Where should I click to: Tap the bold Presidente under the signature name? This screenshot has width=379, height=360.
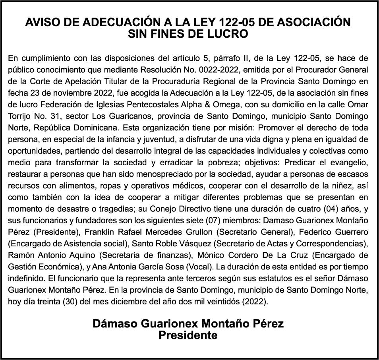click(x=188, y=335)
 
